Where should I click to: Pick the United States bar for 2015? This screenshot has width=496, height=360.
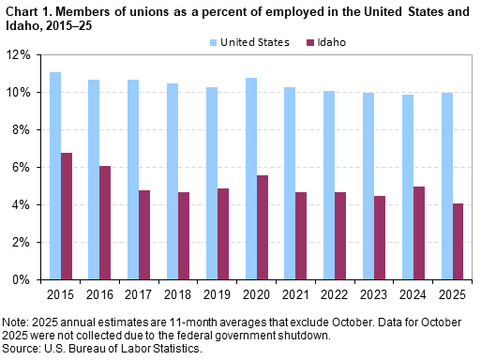tap(55, 175)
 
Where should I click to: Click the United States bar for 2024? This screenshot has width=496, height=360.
tap(407, 187)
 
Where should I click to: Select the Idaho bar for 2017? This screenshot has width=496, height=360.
tap(145, 234)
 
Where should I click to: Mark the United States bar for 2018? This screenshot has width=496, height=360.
tap(173, 181)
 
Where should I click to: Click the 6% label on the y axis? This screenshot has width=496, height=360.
tap(23, 167)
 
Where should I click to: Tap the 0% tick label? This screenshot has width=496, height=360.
tap(23, 279)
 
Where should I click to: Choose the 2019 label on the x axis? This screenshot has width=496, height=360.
tap(218, 292)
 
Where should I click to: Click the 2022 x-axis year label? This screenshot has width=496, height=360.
tap(335, 292)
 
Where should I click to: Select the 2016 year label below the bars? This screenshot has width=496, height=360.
tap(100, 292)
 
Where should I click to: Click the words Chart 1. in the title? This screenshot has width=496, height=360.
tap(27, 9)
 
